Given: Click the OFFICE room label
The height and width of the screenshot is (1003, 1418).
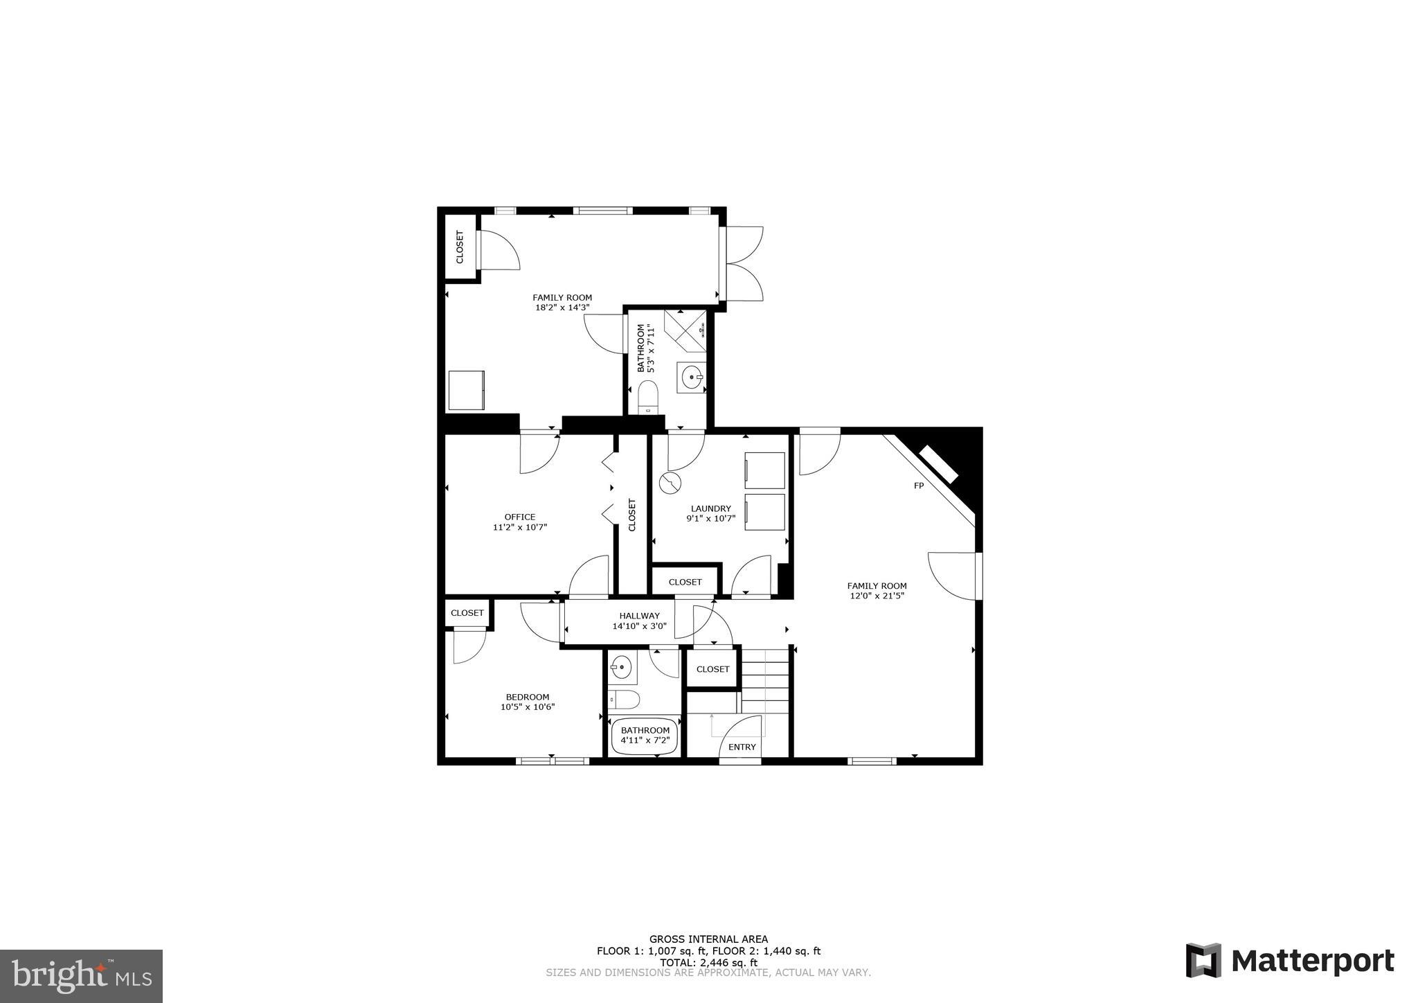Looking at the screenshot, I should tap(519, 517).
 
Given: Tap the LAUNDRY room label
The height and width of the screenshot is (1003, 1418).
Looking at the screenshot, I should tap(710, 508).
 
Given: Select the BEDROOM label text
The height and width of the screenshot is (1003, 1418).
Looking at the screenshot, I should tap(528, 697).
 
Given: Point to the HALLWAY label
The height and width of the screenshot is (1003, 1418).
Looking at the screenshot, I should tap(639, 616).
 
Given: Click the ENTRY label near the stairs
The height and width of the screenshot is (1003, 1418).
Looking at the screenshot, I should tap(742, 747).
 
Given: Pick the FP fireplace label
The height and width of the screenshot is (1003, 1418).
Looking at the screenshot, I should tap(919, 486).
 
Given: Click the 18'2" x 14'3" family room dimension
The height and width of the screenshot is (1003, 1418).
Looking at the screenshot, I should tap(562, 308).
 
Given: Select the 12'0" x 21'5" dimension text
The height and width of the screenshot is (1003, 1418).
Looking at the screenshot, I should tap(877, 596).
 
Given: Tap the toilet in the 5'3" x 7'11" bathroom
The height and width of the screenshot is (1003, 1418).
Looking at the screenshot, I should tap(648, 396).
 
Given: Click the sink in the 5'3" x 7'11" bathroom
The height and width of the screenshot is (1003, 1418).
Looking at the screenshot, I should tap(692, 378).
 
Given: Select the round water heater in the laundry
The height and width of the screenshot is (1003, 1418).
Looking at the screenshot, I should tap(670, 483).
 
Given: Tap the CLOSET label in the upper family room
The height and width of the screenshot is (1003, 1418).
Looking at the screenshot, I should tap(460, 247).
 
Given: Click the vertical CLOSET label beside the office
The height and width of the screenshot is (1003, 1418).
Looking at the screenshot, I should tap(631, 515).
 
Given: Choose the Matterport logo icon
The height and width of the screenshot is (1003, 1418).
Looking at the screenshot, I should tap(1204, 961).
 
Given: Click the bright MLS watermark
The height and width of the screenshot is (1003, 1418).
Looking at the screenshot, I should tap(81, 977).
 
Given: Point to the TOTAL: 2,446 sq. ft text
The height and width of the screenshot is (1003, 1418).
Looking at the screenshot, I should tap(708, 962).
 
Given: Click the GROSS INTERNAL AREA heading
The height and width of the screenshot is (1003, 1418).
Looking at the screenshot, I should tap(708, 939).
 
